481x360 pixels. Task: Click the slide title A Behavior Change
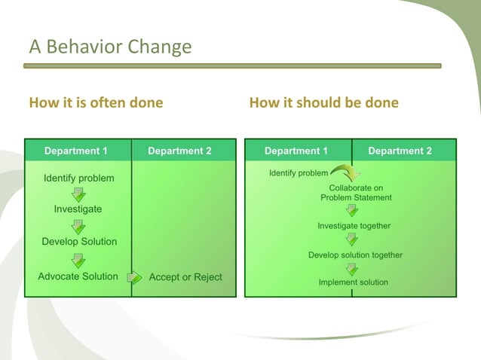[110, 47]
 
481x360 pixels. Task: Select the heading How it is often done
[96, 102]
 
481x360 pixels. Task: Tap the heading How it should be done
[323, 102]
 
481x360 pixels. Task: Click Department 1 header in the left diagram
[75, 151]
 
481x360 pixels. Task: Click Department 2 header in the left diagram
[179, 151]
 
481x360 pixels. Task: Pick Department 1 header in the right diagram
[296, 151]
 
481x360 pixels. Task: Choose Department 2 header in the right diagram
[400, 151]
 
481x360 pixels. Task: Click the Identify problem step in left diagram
[78, 178]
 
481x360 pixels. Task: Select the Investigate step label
[78, 209]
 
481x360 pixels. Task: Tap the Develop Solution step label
[79, 242]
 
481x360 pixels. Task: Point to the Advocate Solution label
[78, 276]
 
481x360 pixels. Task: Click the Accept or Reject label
[185, 277]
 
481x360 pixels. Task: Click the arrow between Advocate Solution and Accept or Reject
[134, 277]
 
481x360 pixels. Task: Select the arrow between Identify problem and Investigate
[78, 194]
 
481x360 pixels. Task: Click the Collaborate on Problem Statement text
[356, 193]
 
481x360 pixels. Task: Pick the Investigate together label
[354, 226]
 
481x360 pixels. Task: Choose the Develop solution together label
[355, 255]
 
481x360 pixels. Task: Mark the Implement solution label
[353, 282]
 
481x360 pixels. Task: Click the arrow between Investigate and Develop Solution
[78, 226]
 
